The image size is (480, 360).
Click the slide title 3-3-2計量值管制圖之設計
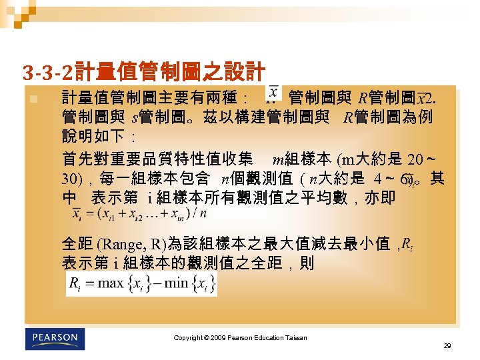click(143, 71)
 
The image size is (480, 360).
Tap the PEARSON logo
click(55, 338)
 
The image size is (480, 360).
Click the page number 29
click(447, 347)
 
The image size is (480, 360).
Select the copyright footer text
click(240, 338)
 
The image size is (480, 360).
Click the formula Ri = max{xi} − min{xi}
click(141, 283)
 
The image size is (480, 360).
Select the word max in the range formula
click(110, 283)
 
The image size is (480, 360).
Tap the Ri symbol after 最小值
click(408, 243)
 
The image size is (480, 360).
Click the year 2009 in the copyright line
click(217, 338)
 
